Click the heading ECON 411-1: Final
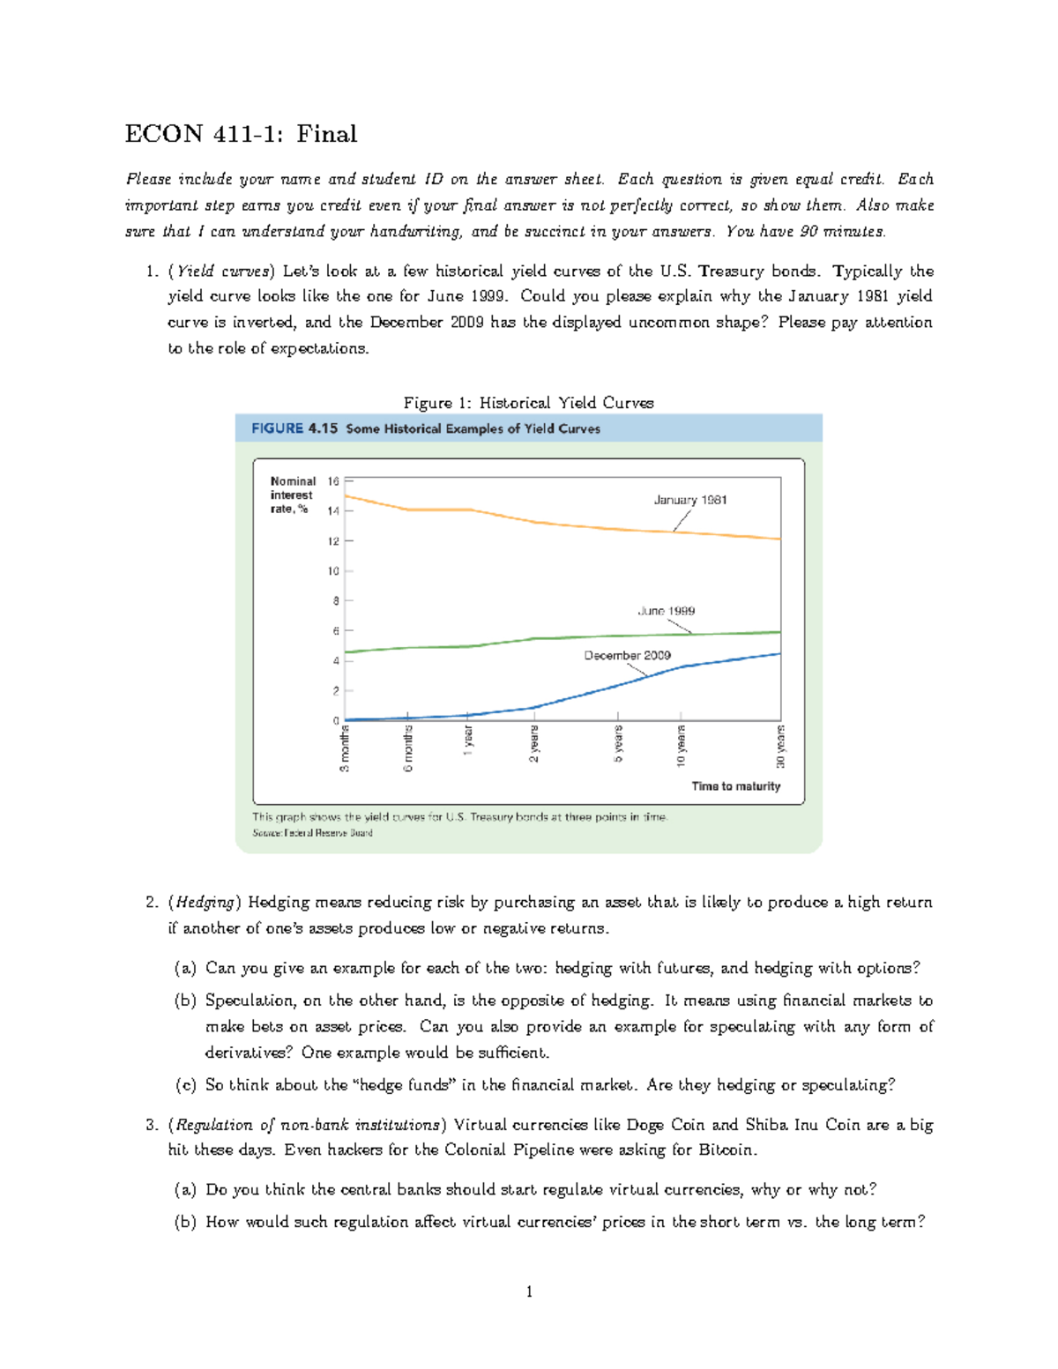tap(241, 134)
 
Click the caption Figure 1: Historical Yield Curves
tap(528, 403)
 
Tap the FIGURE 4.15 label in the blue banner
tap(294, 428)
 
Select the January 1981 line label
tap(689, 500)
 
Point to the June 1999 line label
tap(666, 611)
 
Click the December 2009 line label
tap(627, 655)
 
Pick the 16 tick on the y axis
tap(333, 481)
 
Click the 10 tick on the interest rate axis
tap(333, 571)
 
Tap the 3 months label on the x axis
tap(345, 748)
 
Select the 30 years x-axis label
tap(780, 747)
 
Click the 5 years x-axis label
tap(618, 744)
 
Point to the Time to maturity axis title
tap(735, 786)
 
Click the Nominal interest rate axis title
tap(292, 495)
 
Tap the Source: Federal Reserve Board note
tap(312, 833)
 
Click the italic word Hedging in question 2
tap(205, 902)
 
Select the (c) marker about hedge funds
tap(185, 1085)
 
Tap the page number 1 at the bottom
tap(529, 1292)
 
